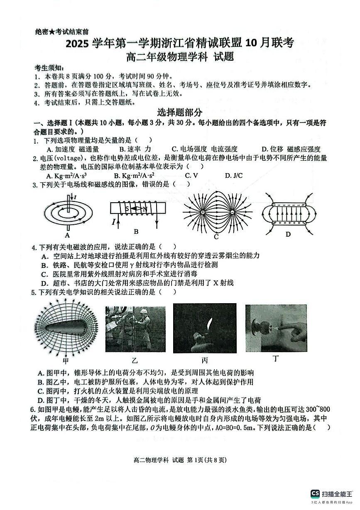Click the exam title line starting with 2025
[x=179, y=43]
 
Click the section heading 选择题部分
[x=180, y=112]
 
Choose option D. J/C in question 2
[x=234, y=176]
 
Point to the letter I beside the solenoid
[x=113, y=222]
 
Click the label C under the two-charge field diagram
[x=216, y=237]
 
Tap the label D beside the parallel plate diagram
[x=288, y=234]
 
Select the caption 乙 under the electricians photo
[x=135, y=360]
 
